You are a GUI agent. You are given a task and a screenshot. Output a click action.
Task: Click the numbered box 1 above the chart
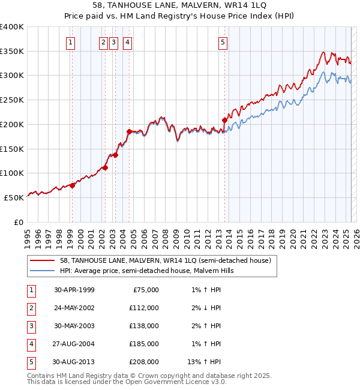tap(71, 42)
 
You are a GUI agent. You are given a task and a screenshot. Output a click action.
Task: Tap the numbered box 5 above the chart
tap(223, 42)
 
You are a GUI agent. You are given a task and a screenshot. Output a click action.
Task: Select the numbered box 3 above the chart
tap(114, 42)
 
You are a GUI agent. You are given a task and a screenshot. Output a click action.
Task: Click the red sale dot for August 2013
tap(225, 120)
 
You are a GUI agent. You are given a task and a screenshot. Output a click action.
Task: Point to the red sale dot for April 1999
tap(72, 185)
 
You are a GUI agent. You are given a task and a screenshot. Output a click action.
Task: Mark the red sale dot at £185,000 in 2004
tap(129, 131)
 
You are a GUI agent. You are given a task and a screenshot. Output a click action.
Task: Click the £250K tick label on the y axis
tap(11, 100)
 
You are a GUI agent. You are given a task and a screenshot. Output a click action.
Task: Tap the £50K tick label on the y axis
tap(14, 197)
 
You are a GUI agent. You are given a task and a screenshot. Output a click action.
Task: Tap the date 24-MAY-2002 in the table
tap(74, 308)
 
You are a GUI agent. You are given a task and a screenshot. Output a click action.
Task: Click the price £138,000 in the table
tap(145, 326)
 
